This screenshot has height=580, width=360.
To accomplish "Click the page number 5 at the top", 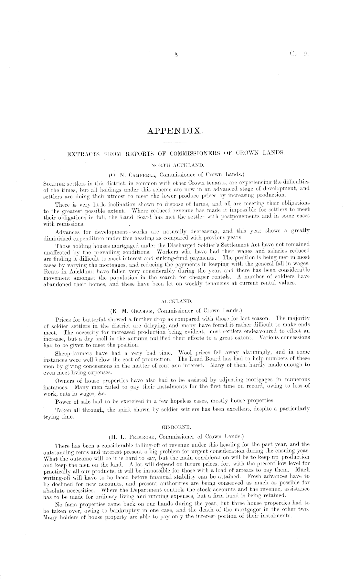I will coord(176,55).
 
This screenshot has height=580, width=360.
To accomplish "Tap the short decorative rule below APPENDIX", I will coord(175,142).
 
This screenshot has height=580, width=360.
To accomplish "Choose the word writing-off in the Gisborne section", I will coord(56,477).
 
